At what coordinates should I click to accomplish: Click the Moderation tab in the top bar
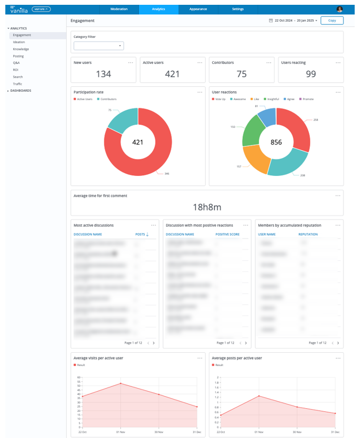point(119,10)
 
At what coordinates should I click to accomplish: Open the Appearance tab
point(198,10)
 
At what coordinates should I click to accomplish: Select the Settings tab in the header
point(238,10)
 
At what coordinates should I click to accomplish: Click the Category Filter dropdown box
point(99,46)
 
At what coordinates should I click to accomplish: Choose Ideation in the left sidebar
point(19,42)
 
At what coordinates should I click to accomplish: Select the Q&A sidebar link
point(17,63)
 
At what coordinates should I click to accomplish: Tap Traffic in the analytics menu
point(18,84)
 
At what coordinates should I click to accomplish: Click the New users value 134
point(103,74)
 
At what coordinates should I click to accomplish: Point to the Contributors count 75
point(242,74)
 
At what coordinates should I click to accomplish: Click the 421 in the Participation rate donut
point(138,142)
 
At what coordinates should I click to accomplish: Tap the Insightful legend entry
point(273,99)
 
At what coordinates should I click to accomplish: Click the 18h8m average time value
point(207,207)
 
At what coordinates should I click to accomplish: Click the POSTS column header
point(141,234)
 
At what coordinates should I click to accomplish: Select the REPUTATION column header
point(308,234)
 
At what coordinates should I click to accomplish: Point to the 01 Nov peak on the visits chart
point(121,383)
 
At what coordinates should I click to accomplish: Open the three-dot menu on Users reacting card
point(338,62)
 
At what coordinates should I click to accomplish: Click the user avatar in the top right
point(340,10)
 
